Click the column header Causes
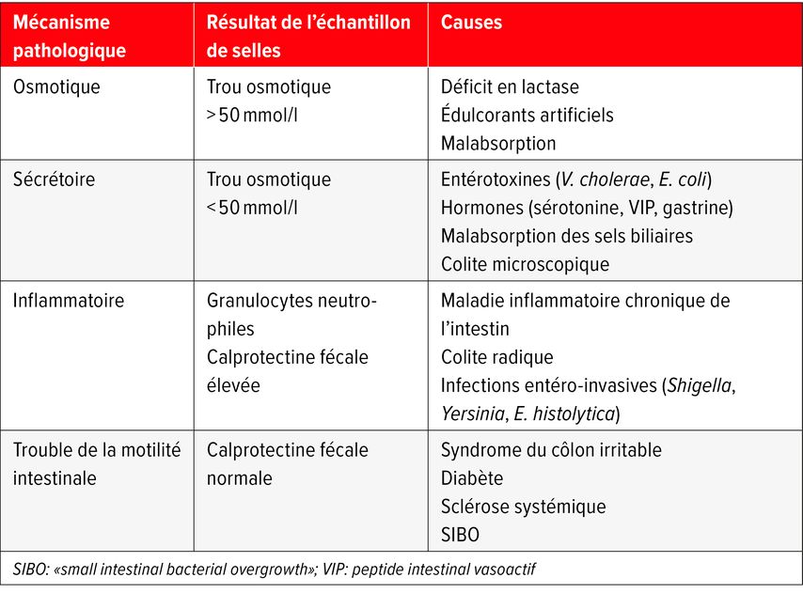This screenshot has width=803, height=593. point(471,22)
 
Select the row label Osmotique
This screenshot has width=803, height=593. point(56,87)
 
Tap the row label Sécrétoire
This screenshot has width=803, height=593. point(54,179)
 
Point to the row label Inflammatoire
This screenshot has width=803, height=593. point(69,301)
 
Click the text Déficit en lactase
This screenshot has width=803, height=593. point(510,87)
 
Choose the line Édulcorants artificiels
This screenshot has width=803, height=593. point(527,115)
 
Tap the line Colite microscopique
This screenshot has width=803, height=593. point(525,264)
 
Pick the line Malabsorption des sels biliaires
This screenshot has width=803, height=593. point(566,236)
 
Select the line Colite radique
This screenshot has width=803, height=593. point(496,357)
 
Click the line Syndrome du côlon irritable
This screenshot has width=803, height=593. point(551,450)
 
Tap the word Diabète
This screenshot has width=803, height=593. point(472,478)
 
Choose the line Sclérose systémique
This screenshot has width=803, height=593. point(523,507)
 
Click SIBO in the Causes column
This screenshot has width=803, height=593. point(461,535)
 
